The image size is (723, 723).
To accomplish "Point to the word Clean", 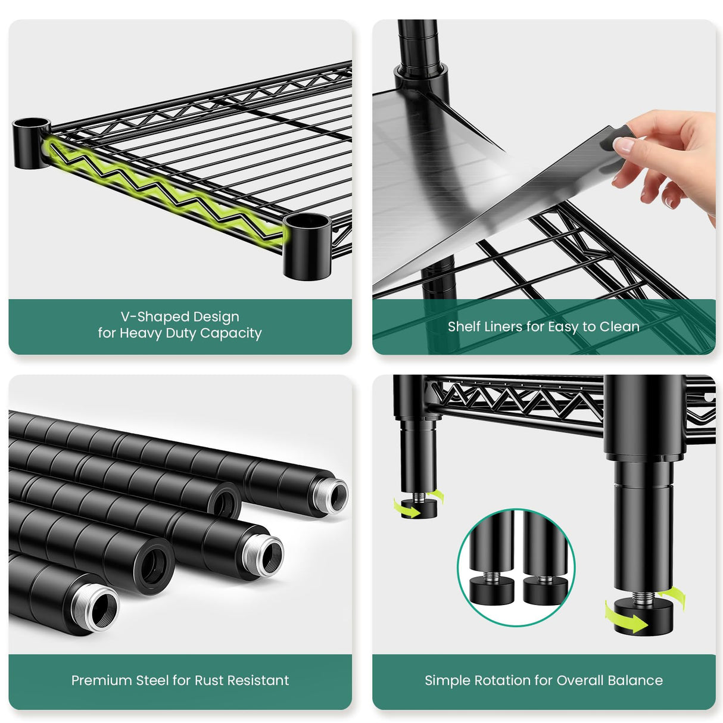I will click(x=619, y=326).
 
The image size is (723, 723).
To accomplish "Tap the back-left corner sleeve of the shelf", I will click(x=31, y=143).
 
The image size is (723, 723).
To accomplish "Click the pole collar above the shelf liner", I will click(x=420, y=81).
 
